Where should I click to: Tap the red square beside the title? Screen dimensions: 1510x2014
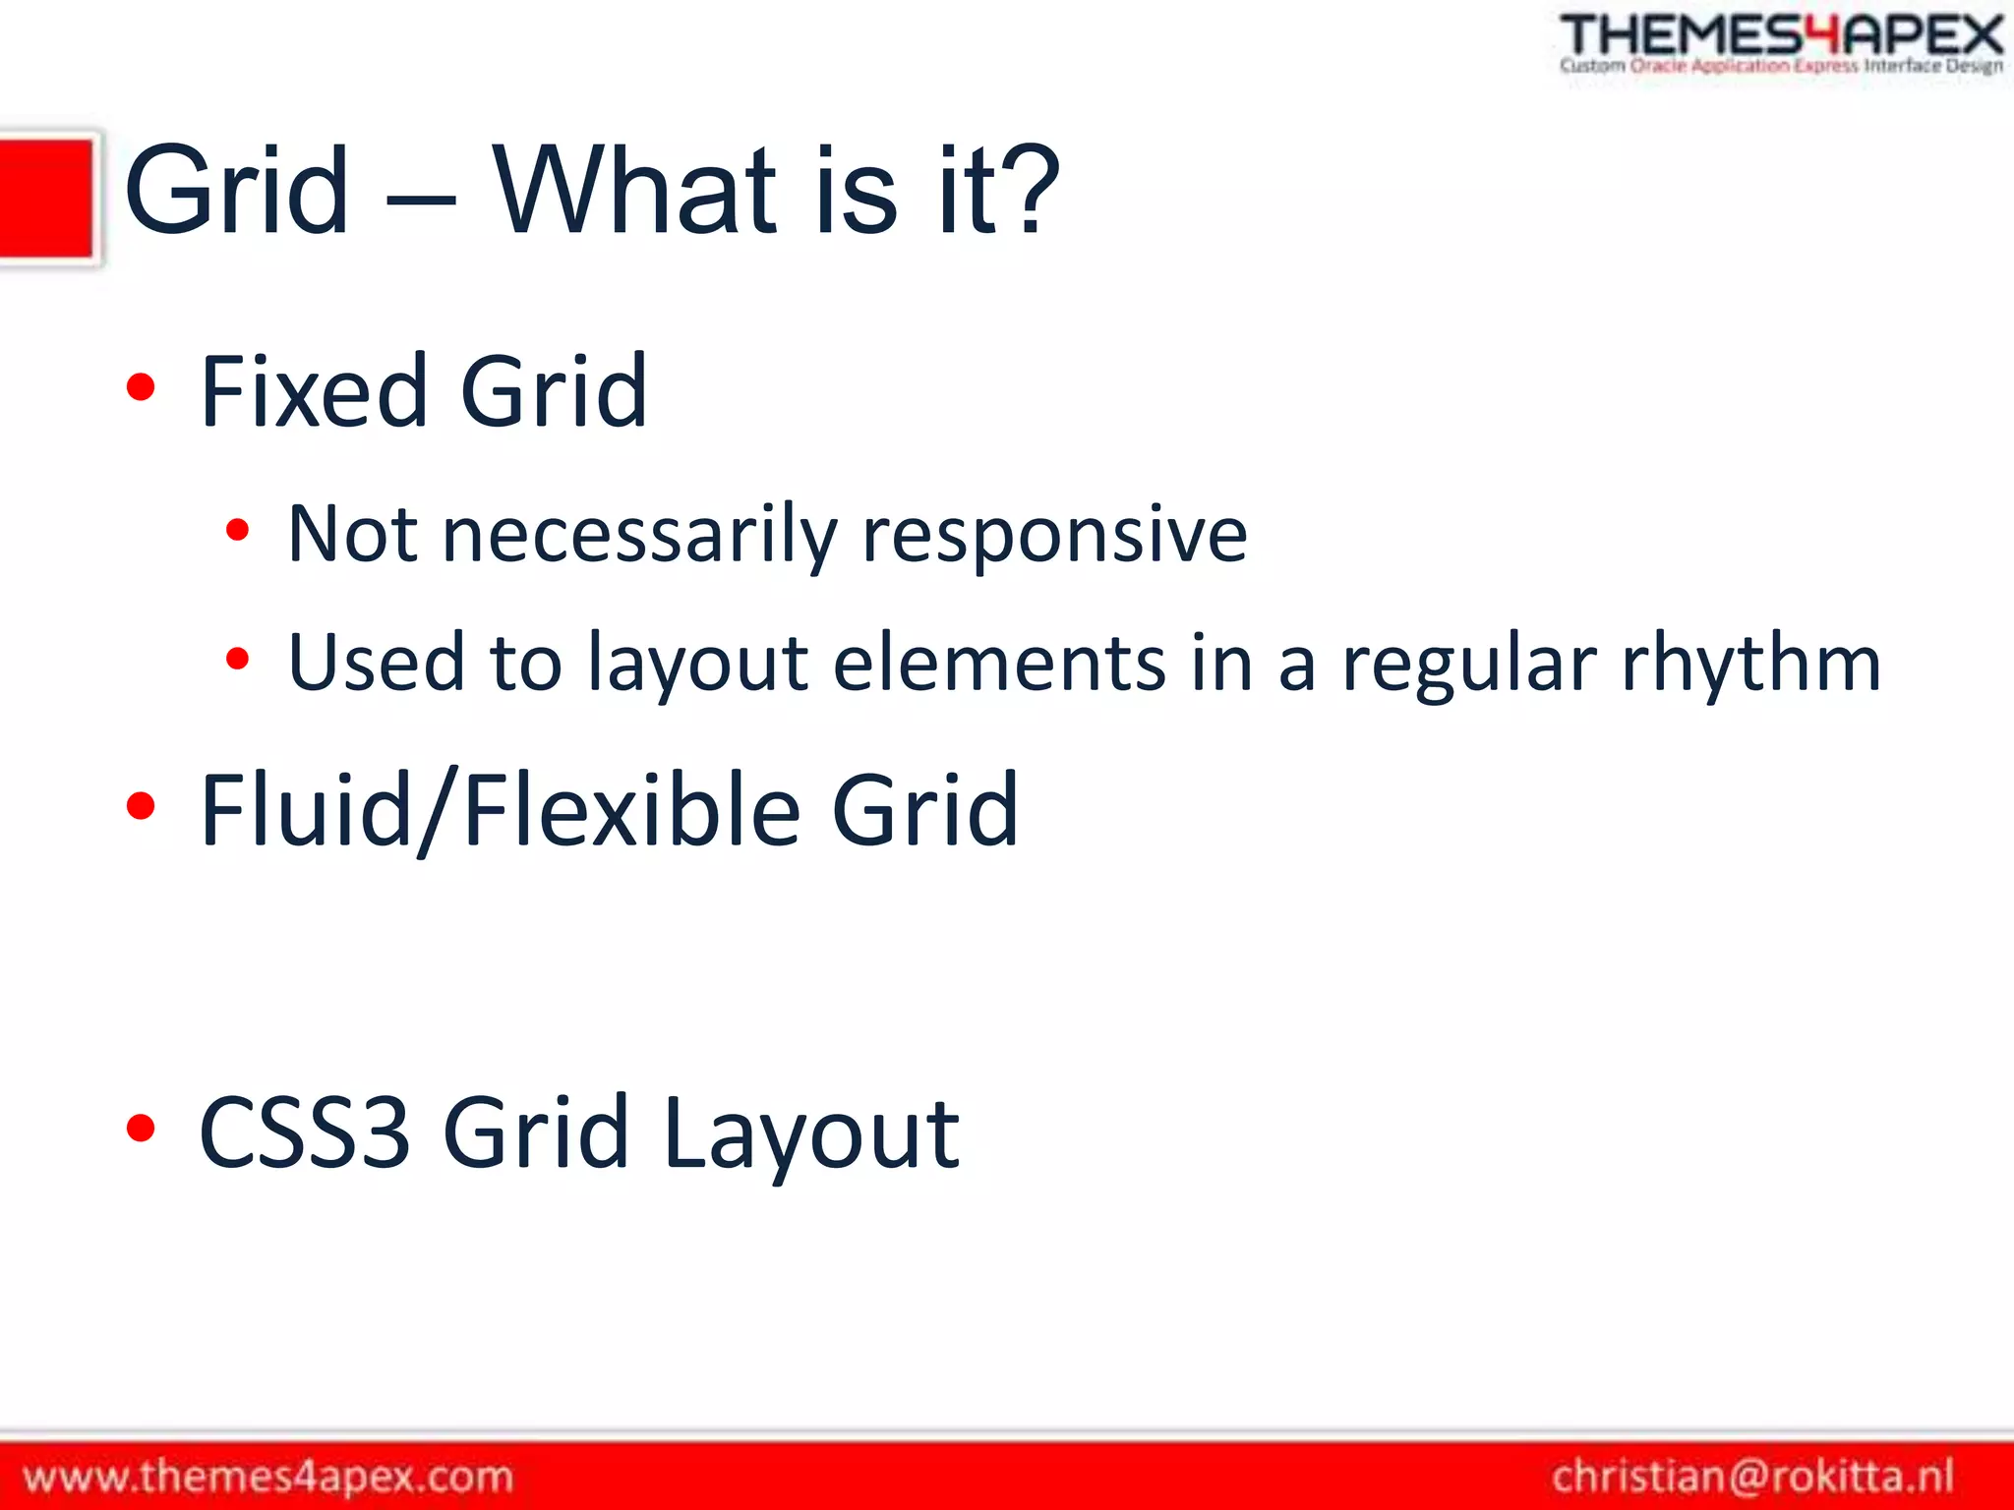[46, 199]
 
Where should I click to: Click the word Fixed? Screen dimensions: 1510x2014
[313, 392]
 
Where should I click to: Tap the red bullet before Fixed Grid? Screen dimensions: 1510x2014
[142, 387]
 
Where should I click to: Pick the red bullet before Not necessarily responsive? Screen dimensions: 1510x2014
[237, 532]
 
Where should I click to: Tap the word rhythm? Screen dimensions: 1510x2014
[1750, 663]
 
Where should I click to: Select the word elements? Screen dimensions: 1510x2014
[999, 663]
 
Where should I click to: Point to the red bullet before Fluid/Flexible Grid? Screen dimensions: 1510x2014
[142, 806]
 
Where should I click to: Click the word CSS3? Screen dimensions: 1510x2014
[304, 1132]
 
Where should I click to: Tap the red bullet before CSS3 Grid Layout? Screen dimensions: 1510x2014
[142, 1129]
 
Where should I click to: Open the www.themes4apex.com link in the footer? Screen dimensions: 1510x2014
[267, 1477]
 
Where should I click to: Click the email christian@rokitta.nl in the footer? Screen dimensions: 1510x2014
[1752, 1477]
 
